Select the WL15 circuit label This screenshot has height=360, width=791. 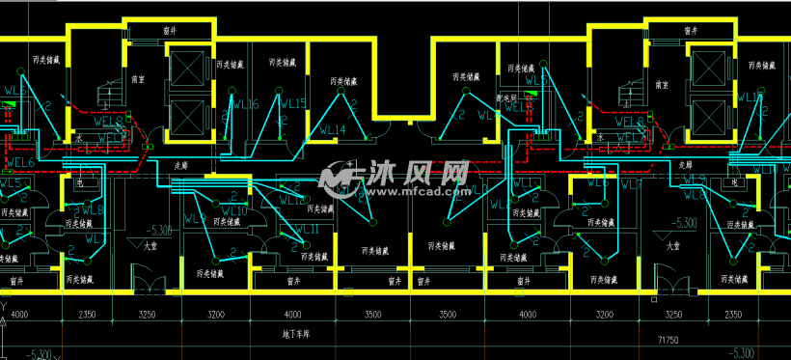pyautogui.click(x=293, y=104)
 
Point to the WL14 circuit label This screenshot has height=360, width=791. pyautogui.click(x=333, y=128)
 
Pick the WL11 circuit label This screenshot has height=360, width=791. pyautogui.click(x=306, y=229)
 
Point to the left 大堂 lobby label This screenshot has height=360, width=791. pyautogui.click(x=150, y=245)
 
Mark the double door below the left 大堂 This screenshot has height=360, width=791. pyautogui.click(x=150, y=287)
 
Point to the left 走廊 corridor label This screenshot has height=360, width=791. pyautogui.click(x=180, y=166)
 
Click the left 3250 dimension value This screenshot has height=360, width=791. pyautogui.click(x=148, y=315)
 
